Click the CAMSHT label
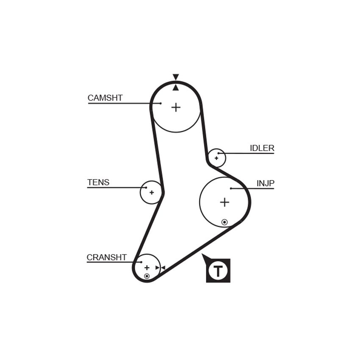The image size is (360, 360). tap(105, 98)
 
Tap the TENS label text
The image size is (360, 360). tap(98, 182)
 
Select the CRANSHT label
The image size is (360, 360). tap(107, 258)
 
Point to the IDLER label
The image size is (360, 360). tap(262, 148)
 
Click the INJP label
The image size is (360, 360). tap(266, 183)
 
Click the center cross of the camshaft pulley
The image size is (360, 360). tap(176, 107)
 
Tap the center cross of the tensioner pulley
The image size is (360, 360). tap(152, 192)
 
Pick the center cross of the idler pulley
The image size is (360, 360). tap(216, 158)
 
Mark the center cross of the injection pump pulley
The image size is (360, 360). tap(224, 202)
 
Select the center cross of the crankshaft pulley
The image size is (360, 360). tap(147, 268)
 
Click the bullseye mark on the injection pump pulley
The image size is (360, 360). tap(224, 222)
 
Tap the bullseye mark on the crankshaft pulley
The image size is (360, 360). tap(147, 276)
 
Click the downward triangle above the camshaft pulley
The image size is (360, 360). tap(176, 77)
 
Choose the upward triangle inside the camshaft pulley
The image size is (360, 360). tap(176, 88)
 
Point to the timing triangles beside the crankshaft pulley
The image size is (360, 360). tap(160, 268)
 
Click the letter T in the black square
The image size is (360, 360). tap(218, 271)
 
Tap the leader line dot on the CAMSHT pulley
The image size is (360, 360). tap(161, 103)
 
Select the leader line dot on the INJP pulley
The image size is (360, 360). tap(231, 188)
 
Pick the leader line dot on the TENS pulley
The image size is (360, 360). tap(146, 188)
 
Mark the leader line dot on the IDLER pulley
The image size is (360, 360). tap(219, 153)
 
